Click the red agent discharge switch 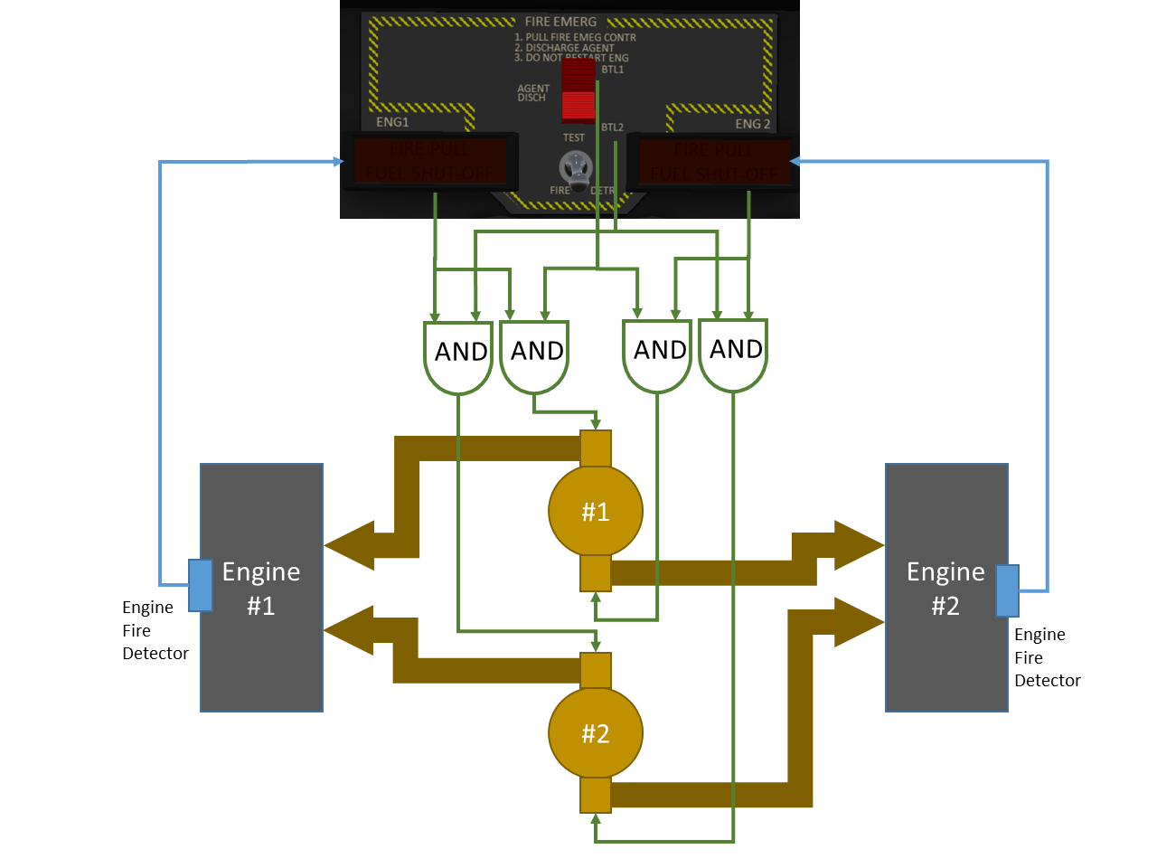point(578,90)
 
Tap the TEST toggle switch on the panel point(575,166)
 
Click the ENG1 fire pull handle point(429,161)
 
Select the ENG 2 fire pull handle point(714,161)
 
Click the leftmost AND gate point(458,355)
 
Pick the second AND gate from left point(534,354)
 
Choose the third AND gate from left point(657,354)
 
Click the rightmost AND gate point(733,353)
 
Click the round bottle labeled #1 point(596,511)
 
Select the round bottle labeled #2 point(596,733)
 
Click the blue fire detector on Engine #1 point(201,585)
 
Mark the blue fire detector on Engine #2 point(1007,590)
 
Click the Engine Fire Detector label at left point(155,630)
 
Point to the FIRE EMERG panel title point(560,21)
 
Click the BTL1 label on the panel point(613,70)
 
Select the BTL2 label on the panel point(613,127)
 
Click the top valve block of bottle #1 point(596,448)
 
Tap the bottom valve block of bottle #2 point(596,796)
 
